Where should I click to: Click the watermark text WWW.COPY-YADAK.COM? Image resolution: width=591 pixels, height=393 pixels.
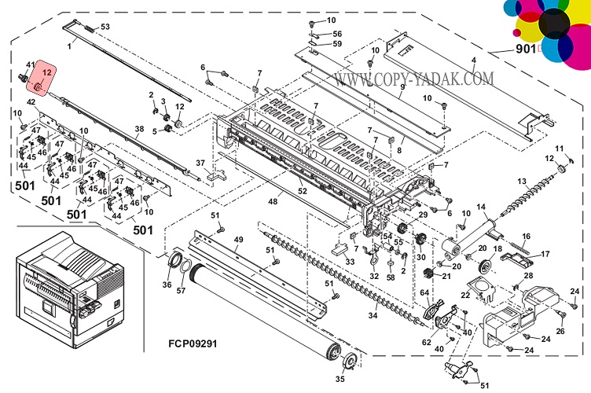click(x=413, y=79)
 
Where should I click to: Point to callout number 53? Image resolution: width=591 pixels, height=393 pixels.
click(x=105, y=28)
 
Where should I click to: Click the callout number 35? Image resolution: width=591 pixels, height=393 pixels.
click(x=340, y=380)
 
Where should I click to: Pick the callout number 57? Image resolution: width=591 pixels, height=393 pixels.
click(x=182, y=291)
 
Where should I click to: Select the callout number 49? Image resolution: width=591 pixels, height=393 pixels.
click(x=239, y=239)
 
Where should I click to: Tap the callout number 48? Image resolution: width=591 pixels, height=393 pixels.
click(x=273, y=202)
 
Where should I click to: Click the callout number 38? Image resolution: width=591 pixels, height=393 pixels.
click(x=139, y=130)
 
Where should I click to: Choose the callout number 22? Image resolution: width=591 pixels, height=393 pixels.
click(x=465, y=295)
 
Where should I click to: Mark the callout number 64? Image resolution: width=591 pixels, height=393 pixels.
click(x=424, y=292)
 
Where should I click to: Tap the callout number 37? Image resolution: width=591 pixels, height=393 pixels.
click(x=200, y=163)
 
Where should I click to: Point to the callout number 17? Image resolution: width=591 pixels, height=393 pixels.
click(x=545, y=253)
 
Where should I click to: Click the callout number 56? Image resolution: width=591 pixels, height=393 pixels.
click(x=337, y=34)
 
